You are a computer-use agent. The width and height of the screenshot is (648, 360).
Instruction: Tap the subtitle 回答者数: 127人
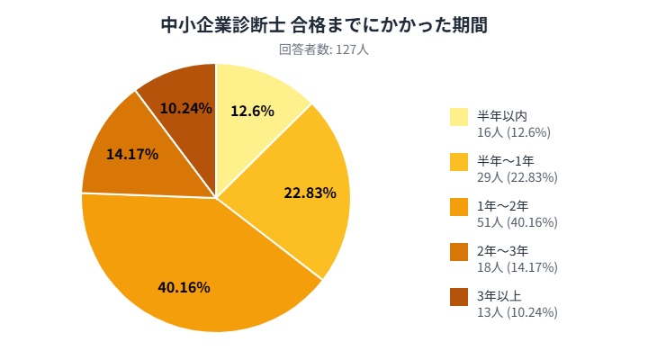click(x=324, y=49)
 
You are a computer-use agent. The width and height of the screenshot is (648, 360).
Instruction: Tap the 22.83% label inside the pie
click(x=310, y=193)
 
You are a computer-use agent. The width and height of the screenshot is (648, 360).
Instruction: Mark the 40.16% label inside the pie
click(x=184, y=288)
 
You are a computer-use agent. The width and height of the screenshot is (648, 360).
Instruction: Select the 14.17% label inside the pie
click(x=132, y=154)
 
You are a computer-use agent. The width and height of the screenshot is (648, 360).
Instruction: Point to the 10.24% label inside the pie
click(x=185, y=108)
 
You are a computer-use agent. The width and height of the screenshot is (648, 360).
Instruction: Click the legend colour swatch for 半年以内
click(x=459, y=117)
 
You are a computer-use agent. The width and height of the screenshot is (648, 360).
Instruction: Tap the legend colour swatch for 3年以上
click(x=459, y=297)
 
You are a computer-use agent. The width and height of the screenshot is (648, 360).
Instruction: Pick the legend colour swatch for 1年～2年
click(x=459, y=207)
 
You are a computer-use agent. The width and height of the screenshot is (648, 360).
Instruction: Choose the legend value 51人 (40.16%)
click(x=517, y=222)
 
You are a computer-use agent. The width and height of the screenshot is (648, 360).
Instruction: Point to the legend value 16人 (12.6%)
click(x=514, y=132)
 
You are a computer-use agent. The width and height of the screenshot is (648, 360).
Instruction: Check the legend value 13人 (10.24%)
click(x=517, y=312)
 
